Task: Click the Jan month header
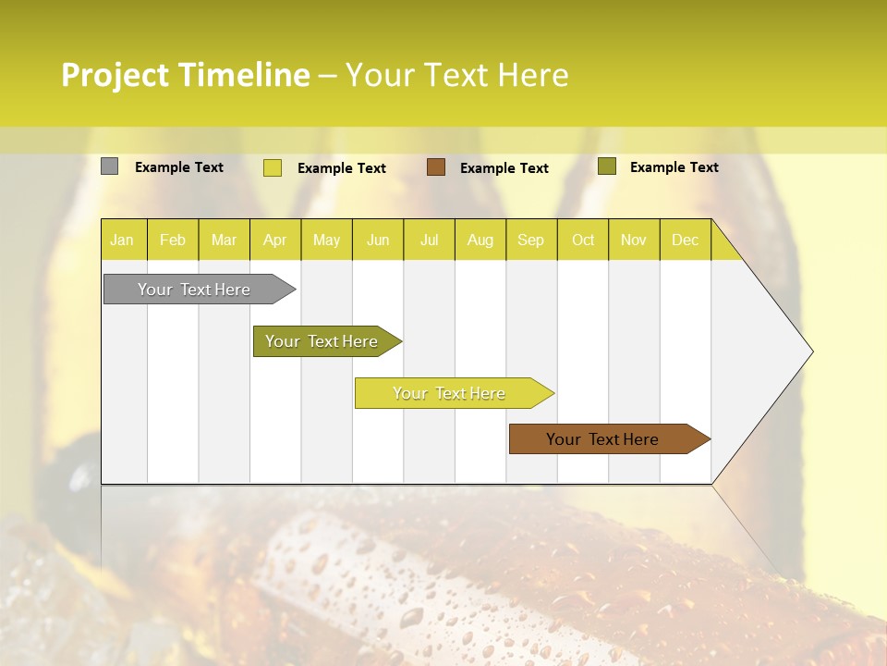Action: click(x=122, y=240)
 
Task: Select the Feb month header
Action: click(x=173, y=240)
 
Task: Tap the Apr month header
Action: click(x=274, y=240)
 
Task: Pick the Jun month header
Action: click(x=378, y=240)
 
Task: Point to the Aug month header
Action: click(x=480, y=240)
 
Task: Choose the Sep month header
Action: click(x=530, y=240)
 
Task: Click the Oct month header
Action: click(x=583, y=240)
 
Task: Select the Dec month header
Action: click(x=685, y=240)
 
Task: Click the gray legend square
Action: click(x=109, y=166)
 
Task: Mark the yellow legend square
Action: click(x=273, y=167)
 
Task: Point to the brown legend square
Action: click(x=436, y=167)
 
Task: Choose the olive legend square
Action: click(x=607, y=166)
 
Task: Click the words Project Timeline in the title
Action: click(x=186, y=75)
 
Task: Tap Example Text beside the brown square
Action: click(x=504, y=168)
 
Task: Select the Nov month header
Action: click(x=634, y=240)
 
